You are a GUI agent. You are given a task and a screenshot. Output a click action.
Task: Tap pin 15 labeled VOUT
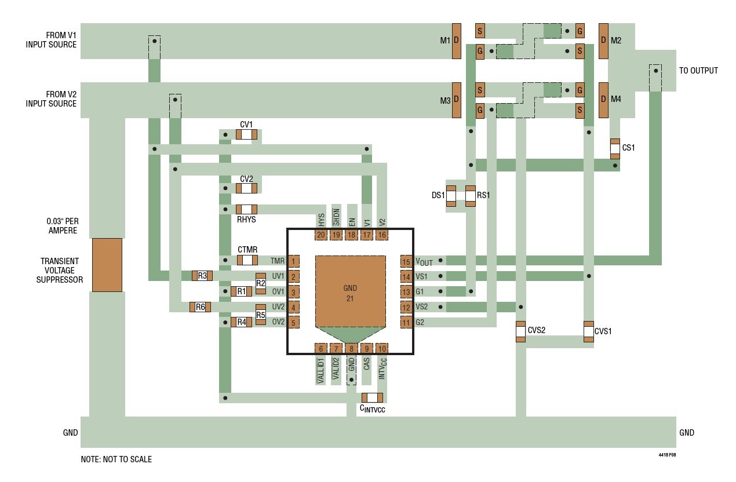(406, 261)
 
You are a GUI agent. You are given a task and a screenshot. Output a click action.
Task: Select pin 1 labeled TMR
(294, 261)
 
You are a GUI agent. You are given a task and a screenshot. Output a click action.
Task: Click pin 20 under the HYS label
(321, 235)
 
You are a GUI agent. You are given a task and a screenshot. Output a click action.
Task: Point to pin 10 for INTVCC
(381, 348)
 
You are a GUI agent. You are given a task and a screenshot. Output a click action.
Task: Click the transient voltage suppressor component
(107, 265)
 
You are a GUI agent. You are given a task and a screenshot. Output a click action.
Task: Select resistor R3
(202, 276)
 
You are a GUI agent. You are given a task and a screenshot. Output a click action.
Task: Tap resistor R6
(200, 306)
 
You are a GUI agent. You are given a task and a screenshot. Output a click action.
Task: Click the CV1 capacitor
(246, 134)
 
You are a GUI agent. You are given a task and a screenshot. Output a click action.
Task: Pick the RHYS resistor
(246, 209)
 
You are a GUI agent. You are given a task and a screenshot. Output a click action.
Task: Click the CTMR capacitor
(247, 261)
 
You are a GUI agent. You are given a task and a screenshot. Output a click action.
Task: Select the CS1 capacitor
(615, 148)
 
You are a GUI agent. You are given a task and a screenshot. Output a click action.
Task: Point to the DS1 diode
(451, 196)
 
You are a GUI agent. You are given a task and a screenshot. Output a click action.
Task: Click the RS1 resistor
(471, 196)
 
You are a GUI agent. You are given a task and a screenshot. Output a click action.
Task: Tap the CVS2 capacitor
(520, 331)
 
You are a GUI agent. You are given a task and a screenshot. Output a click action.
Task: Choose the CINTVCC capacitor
(372, 397)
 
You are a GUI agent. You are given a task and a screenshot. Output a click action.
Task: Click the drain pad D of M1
(456, 41)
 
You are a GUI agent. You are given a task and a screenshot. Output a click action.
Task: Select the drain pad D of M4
(603, 100)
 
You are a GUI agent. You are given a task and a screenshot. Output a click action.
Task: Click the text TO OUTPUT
(698, 71)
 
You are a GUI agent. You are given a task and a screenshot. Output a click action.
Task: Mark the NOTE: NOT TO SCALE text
(116, 459)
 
